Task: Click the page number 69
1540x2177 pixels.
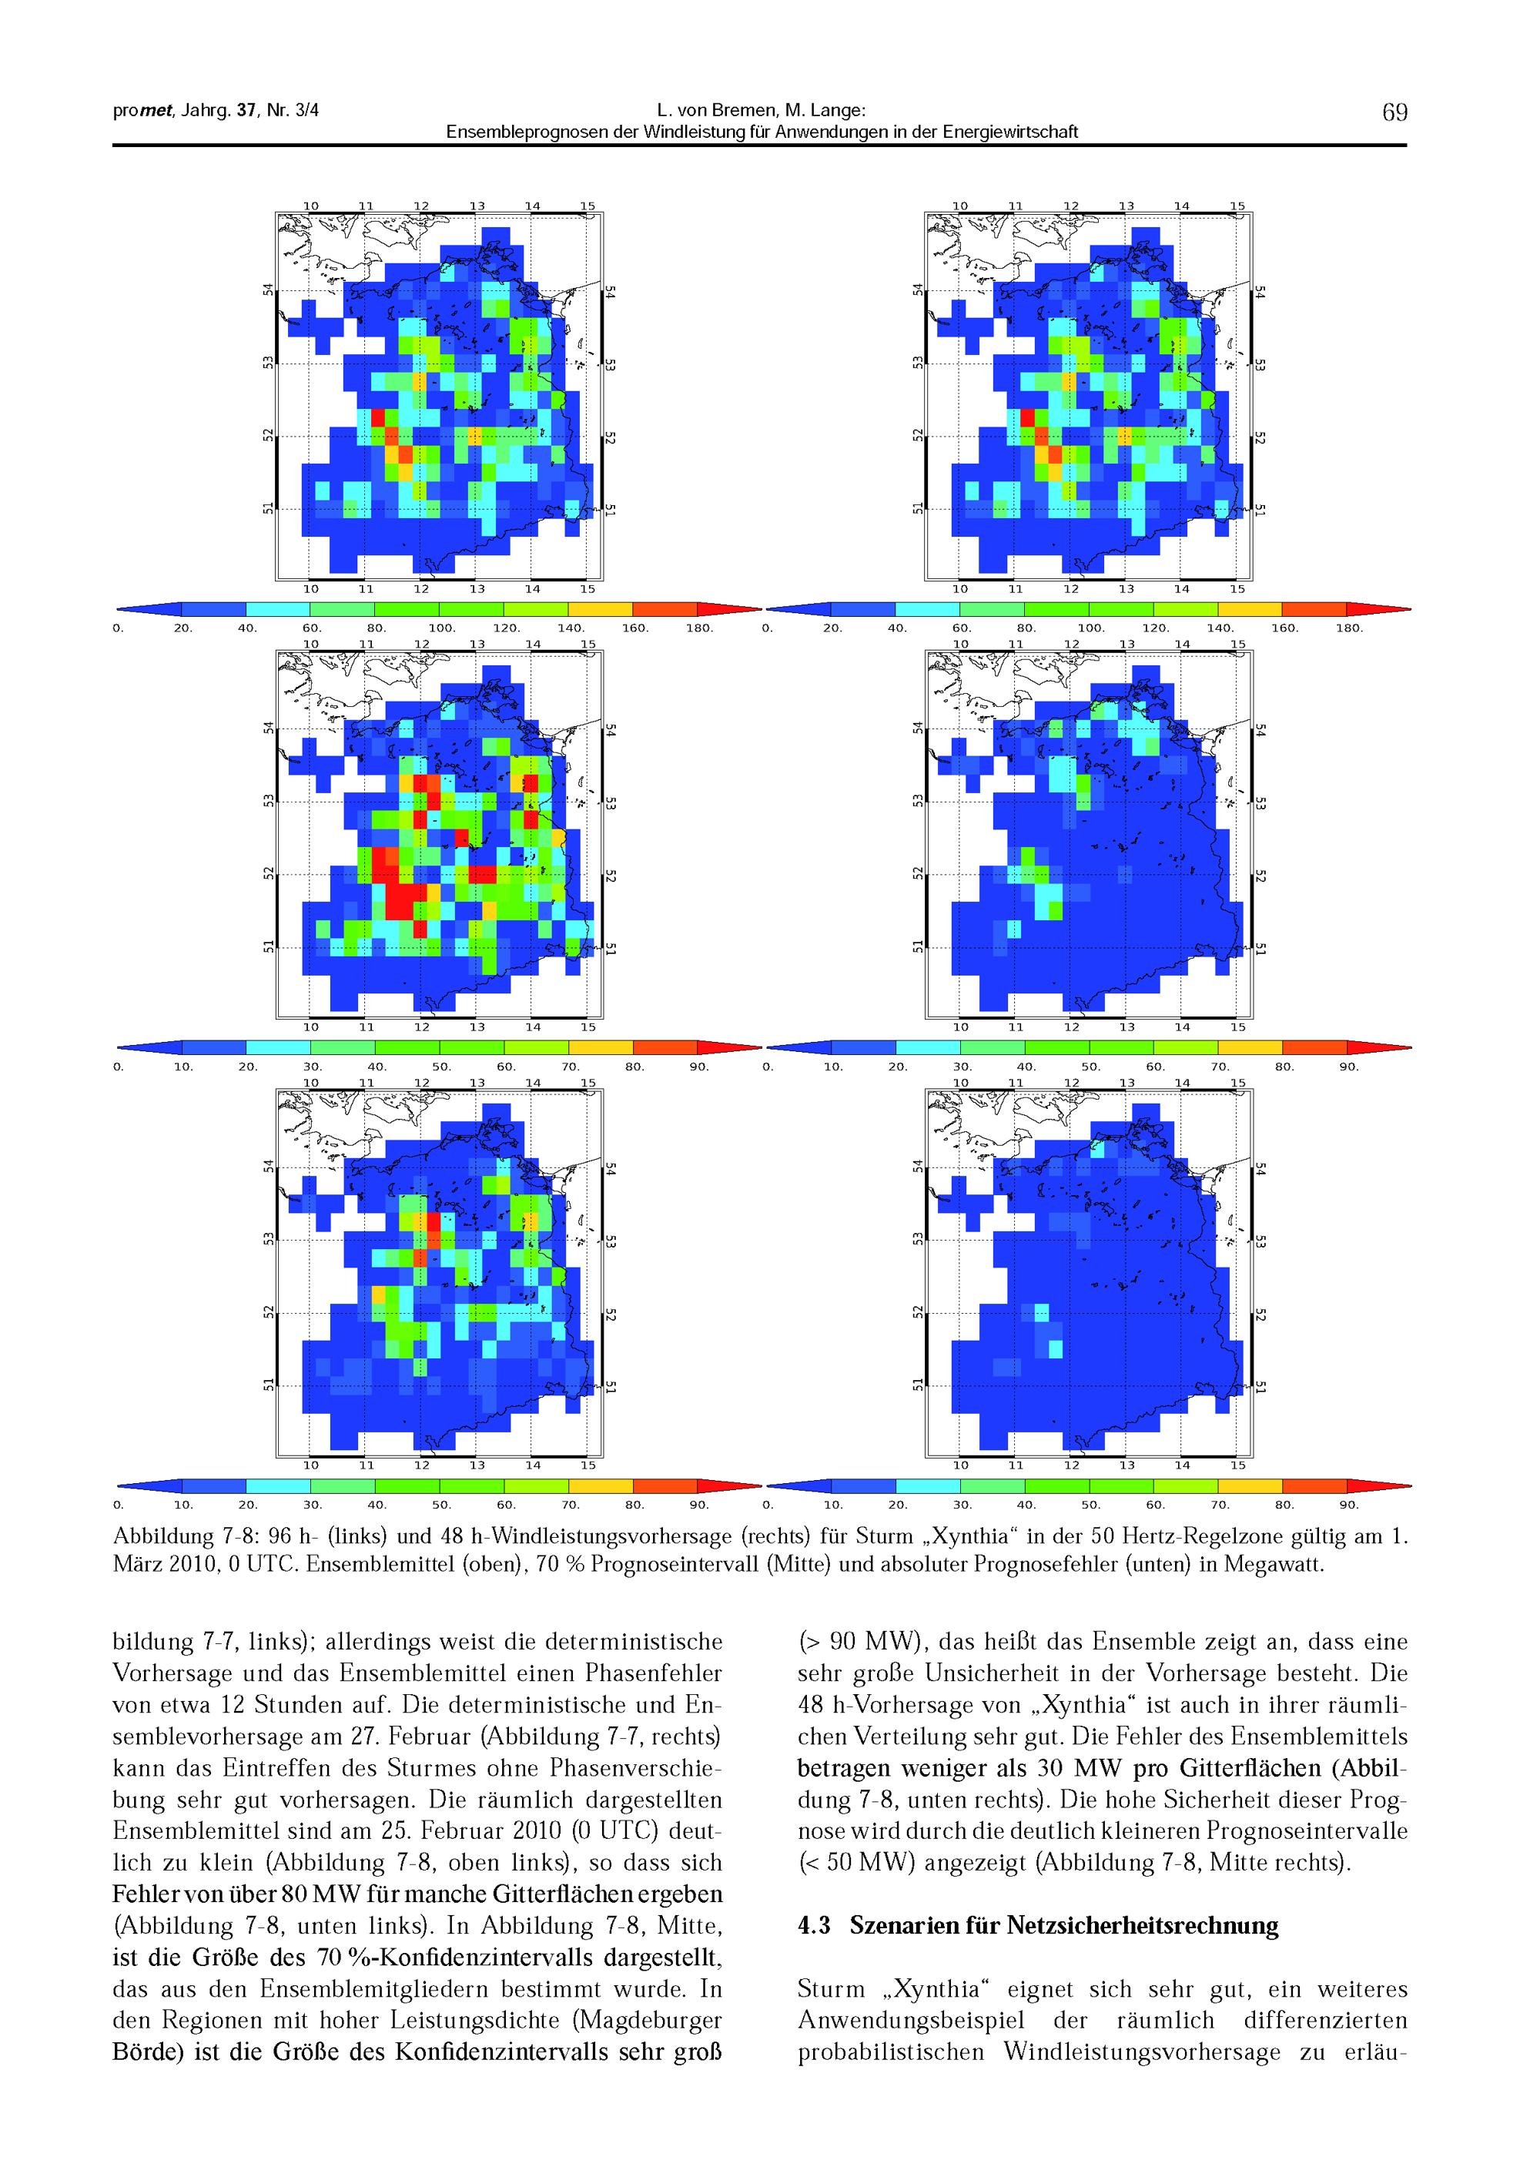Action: click(x=1394, y=113)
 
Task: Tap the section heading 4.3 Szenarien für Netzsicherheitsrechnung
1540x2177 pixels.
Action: click(x=1039, y=1926)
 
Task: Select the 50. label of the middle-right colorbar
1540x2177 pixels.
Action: click(x=1091, y=1067)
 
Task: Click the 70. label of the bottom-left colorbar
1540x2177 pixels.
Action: click(x=571, y=1505)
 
